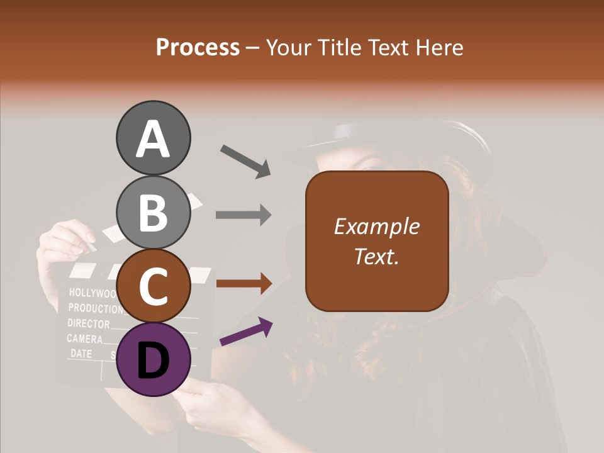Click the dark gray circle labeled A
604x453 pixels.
tap(153, 138)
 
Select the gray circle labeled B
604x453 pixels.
tap(153, 212)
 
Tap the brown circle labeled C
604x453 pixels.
tap(153, 286)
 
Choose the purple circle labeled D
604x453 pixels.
tap(153, 359)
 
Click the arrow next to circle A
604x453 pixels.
tap(245, 160)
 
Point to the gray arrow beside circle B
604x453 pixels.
tap(243, 215)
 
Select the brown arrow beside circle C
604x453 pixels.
tap(243, 283)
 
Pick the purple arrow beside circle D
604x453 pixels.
tap(246, 332)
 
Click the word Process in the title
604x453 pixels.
tap(198, 47)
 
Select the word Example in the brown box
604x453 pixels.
tap(376, 226)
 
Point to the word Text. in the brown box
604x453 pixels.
tap(376, 256)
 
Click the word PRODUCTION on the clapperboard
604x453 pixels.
tap(95, 308)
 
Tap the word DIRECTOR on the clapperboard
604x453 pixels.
tap(89, 324)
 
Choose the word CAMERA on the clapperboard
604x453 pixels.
tap(84, 339)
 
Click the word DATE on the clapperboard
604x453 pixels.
tap(81, 354)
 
